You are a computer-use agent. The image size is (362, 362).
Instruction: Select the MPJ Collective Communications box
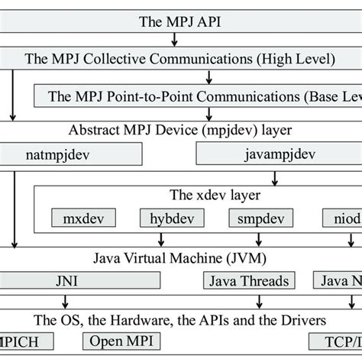tap(181, 57)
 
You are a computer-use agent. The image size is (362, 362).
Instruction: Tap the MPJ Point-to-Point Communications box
tap(199, 95)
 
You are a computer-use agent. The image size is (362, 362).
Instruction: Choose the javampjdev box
tap(280, 154)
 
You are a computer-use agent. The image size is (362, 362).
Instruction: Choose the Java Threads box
tap(244, 280)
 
